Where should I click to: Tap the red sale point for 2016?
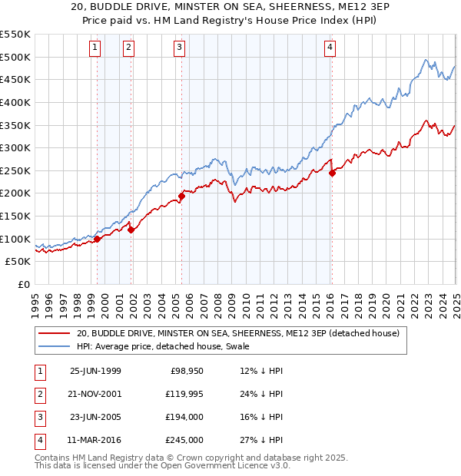[x=332, y=173]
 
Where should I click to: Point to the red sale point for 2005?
[x=182, y=196]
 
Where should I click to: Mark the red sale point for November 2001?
[x=131, y=229]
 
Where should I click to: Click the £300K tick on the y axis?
[x=15, y=147]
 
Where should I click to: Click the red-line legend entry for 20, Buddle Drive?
[x=237, y=334]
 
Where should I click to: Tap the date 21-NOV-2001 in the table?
[x=95, y=394]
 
